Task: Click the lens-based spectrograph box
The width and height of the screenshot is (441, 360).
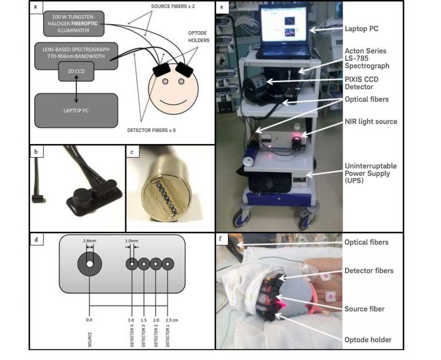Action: (x=76, y=52)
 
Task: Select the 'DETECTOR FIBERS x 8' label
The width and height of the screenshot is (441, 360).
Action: (x=152, y=130)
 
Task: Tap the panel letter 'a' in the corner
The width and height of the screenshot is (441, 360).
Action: (x=36, y=7)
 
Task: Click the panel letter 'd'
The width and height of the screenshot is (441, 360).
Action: (x=36, y=237)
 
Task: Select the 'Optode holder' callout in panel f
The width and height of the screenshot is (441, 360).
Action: (x=368, y=340)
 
